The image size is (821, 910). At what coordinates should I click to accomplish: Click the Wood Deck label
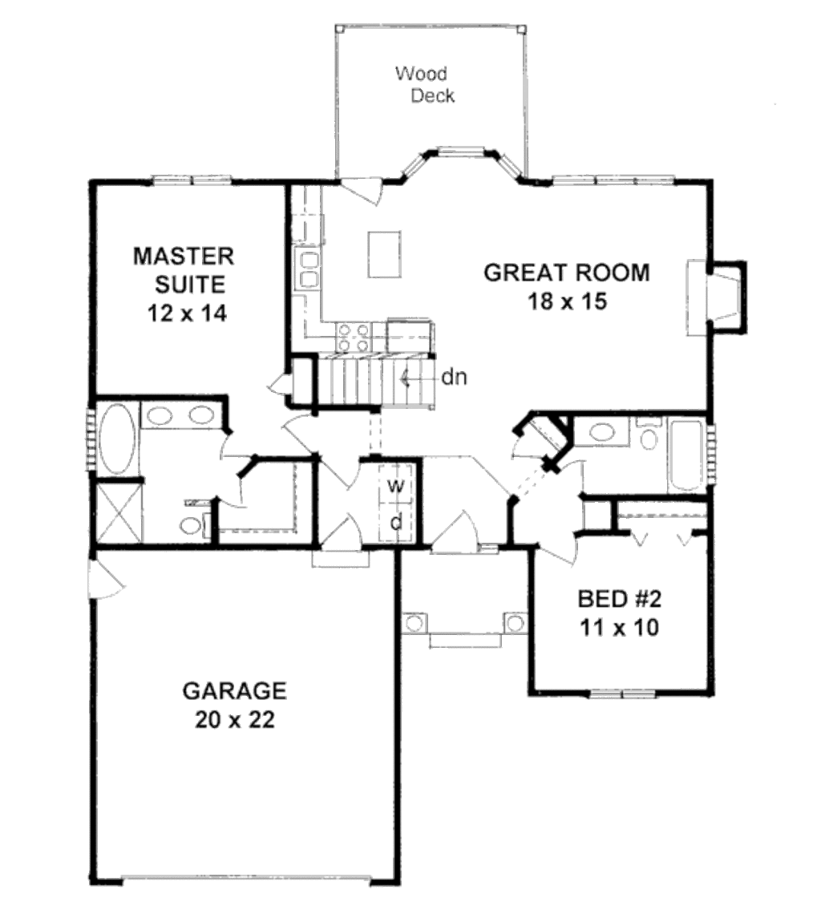424,85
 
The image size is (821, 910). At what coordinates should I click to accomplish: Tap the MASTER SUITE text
184,270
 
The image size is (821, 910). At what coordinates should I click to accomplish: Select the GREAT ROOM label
567,273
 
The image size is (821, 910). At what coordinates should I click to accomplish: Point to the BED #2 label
618,599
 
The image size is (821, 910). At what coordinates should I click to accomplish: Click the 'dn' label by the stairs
455,376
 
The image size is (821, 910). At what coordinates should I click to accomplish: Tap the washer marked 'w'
395,486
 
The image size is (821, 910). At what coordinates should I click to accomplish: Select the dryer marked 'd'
395,521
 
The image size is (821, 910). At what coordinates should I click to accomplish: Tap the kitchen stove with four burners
353,337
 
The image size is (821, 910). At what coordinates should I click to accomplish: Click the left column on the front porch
414,622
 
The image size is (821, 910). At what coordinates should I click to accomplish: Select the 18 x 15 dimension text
567,301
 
